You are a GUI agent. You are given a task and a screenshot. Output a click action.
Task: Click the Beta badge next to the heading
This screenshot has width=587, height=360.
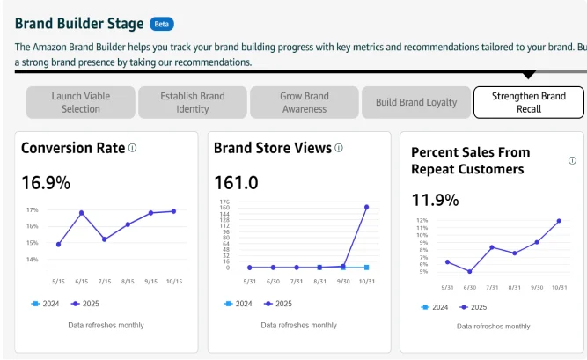[x=162, y=25]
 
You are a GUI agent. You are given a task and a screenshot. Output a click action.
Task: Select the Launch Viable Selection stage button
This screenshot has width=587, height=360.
[x=81, y=102]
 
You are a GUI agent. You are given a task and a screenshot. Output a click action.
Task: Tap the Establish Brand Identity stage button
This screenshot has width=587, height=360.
[x=193, y=102]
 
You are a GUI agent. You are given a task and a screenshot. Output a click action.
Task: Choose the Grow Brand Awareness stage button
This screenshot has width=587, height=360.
[x=305, y=102]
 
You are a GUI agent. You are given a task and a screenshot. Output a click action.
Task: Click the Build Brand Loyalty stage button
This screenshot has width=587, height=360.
[x=416, y=102]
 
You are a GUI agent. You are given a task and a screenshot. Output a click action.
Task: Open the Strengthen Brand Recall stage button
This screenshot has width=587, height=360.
[x=528, y=102]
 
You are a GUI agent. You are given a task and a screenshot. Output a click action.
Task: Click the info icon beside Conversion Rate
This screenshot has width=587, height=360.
[x=133, y=148]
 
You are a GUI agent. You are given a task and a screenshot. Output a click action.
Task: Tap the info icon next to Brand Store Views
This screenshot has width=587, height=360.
[x=339, y=148]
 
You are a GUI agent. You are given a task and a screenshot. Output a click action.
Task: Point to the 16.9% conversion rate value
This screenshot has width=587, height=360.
[x=46, y=183]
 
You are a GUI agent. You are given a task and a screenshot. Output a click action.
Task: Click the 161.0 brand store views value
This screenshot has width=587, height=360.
[x=236, y=183]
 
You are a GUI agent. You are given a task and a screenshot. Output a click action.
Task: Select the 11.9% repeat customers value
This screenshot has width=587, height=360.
[x=435, y=200]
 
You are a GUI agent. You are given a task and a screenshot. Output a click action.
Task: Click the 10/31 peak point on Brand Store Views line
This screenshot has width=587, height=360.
[x=366, y=207]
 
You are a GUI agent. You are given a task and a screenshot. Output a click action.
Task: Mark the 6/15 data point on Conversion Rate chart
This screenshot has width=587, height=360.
[x=81, y=213]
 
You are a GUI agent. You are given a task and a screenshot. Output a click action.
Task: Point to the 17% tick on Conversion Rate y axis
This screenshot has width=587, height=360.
[x=32, y=210]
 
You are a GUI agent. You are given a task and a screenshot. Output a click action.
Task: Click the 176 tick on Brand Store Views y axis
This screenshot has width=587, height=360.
[x=226, y=202]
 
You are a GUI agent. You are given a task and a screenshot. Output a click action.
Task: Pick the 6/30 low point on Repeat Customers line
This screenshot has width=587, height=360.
[x=470, y=271]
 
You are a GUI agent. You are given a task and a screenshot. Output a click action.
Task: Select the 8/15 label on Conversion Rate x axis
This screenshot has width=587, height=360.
[x=128, y=282]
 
